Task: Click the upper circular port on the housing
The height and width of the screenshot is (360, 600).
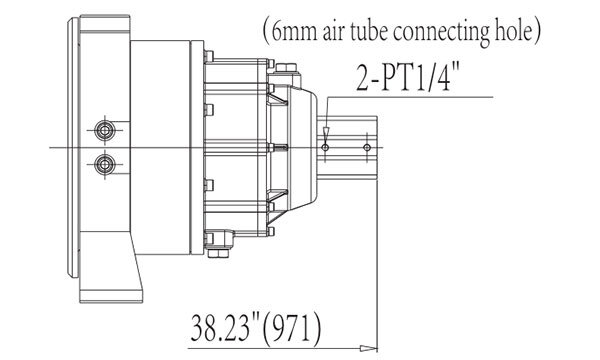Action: pyautogui.click(x=104, y=130)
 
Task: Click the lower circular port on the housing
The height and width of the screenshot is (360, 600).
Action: pyautogui.click(x=104, y=165)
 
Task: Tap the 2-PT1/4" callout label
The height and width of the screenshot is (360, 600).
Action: pyautogui.click(x=408, y=78)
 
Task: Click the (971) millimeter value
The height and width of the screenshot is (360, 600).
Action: pyautogui.click(x=292, y=328)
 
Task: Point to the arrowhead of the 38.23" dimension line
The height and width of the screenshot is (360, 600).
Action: pyautogui.click(x=368, y=348)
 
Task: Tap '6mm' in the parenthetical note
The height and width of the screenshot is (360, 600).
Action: pyautogui.click(x=294, y=32)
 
